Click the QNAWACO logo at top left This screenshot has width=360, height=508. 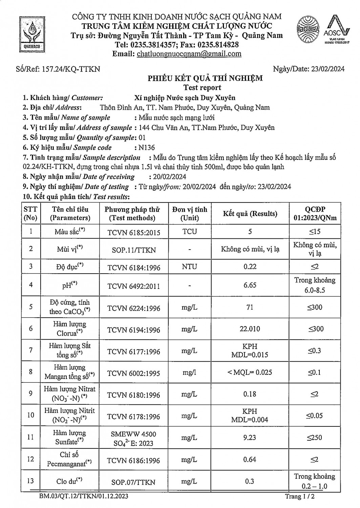tap(32, 34)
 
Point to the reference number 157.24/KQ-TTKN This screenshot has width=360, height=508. tap(71, 69)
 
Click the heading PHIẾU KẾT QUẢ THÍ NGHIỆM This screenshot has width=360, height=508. tap(205, 79)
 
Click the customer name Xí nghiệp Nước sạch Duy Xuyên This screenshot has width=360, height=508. tap(185, 98)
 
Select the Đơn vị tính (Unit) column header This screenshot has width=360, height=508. tap(189, 214)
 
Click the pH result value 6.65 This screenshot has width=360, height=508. tap(250, 285)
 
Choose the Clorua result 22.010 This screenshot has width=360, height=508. tap(250, 329)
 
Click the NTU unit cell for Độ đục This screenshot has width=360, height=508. tap(189, 267)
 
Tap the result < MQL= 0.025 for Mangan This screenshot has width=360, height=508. tap(250, 372)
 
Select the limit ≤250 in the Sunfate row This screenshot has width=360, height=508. tap(315, 438)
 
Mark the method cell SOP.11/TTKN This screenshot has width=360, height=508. tap(134, 250)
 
